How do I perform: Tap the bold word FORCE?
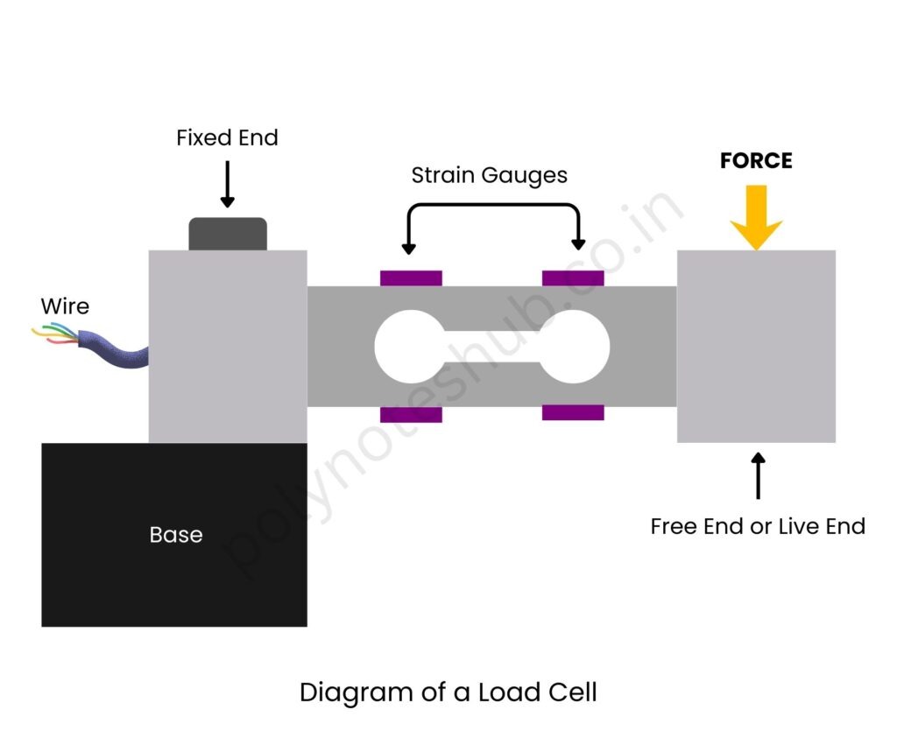pos(756,161)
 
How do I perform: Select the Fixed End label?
pos(227,138)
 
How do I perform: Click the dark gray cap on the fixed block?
pos(228,234)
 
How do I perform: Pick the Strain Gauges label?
pos(490,175)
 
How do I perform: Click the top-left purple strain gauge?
pos(411,278)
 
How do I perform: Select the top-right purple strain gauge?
pos(573,278)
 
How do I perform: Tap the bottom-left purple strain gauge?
pos(411,414)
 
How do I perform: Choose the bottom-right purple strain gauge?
pos(573,412)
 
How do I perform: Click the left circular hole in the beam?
pos(408,346)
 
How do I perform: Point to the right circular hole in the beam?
pos(575,346)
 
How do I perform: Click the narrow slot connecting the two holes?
pos(491,346)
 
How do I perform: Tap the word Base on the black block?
pos(175,535)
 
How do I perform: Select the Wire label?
pos(65,306)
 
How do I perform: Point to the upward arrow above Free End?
pos(758,475)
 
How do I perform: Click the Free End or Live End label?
pos(758,526)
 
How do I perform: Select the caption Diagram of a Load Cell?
pos(448,692)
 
